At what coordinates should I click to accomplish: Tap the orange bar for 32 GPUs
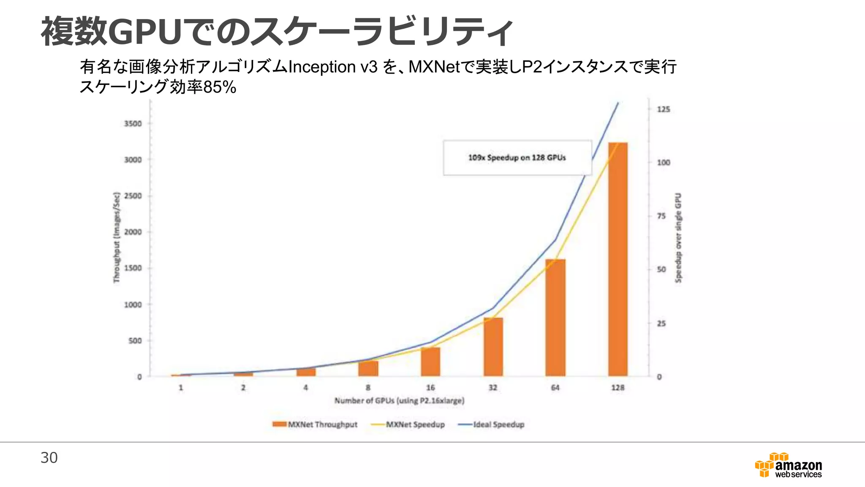click(493, 347)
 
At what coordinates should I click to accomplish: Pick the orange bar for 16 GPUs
click(430, 361)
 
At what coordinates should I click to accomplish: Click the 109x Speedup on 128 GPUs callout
click(517, 158)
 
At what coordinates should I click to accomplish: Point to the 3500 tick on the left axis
click(133, 123)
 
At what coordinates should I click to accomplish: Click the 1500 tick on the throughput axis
click(133, 268)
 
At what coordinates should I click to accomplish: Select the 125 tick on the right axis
click(663, 109)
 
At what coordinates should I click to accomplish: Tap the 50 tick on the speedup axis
click(661, 270)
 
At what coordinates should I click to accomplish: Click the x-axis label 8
click(368, 388)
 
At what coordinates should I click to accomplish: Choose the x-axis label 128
click(617, 388)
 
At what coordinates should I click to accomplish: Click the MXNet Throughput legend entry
click(315, 424)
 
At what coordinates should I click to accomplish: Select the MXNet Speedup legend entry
click(408, 424)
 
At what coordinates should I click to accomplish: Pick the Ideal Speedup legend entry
click(491, 424)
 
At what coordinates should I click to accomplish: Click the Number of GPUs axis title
click(399, 400)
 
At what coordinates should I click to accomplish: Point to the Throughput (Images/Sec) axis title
click(117, 238)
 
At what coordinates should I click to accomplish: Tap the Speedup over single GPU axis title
click(678, 238)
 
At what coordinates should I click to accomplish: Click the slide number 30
click(49, 458)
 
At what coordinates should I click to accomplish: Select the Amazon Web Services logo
click(788, 465)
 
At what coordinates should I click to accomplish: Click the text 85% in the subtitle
click(220, 88)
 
